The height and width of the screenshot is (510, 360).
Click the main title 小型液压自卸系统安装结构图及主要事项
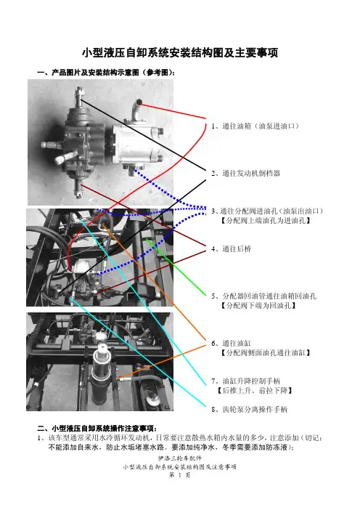180,52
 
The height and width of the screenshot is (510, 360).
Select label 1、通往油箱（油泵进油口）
255,126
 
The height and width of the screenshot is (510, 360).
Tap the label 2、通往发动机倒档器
245,174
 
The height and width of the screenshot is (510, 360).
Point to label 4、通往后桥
231,249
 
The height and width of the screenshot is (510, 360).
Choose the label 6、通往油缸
231,344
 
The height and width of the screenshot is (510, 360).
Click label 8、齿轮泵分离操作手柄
249,410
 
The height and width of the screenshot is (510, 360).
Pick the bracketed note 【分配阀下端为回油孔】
258,305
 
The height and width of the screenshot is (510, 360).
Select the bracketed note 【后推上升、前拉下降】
255,390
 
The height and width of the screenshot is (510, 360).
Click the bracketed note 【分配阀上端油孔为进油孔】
266,221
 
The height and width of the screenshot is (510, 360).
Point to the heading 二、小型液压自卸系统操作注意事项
97,429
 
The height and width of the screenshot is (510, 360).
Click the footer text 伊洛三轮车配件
180,458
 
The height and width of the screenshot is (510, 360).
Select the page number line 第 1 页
180,475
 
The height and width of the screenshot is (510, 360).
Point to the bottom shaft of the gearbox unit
78,186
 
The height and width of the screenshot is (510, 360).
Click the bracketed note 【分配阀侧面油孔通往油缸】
266,353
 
